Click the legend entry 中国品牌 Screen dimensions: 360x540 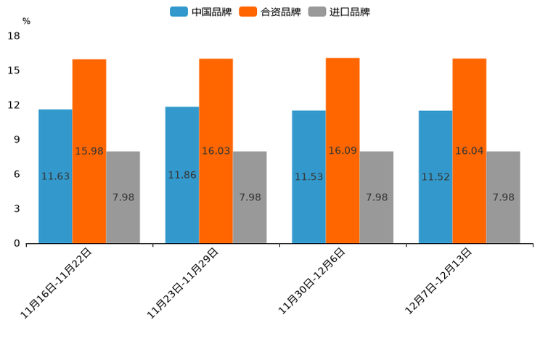coord(201,12)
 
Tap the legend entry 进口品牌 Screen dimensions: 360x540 coord(339,12)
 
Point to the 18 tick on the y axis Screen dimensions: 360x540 coord(14,36)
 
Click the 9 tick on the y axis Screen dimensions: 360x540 coord(17,139)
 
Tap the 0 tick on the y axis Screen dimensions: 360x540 coord(17,243)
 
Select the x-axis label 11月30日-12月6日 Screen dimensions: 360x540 coord(311,281)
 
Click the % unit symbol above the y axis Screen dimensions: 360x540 coord(26,21)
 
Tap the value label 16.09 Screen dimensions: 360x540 coord(343,150)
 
